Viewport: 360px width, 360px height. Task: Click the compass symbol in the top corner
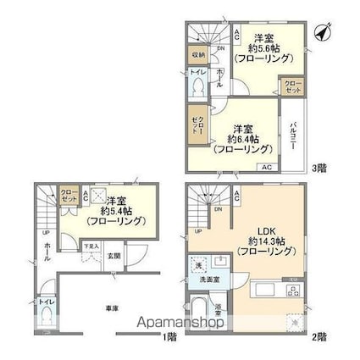[x=321, y=32]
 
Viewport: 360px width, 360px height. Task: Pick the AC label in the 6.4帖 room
[x=267, y=166]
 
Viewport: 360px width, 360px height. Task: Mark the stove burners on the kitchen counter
[x=292, y=290]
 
